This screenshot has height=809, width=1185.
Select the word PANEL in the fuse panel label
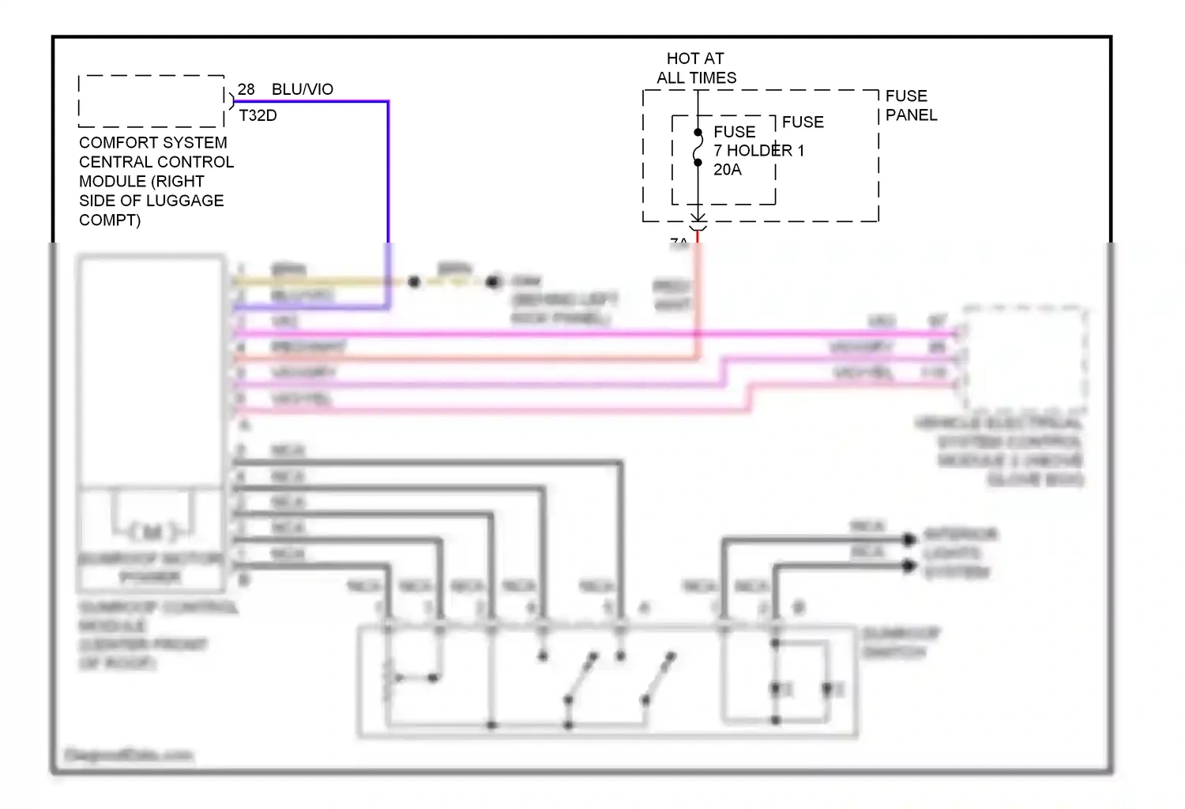point(911,115)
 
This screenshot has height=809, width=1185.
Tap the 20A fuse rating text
point(727,170)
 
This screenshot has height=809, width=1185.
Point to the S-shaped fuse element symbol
point(698,148)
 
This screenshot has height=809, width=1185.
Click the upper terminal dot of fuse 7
point(698,132)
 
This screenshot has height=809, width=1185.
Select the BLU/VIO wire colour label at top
point(302,89)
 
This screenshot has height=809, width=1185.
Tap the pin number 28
point(246,89)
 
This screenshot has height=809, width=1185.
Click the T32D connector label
point(258,115)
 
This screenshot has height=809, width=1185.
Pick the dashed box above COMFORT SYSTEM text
point(151,101)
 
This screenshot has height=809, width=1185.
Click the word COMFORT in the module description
point(113,143)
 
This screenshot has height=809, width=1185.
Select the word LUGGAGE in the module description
point(190,201)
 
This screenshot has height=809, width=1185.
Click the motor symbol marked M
point(153,532)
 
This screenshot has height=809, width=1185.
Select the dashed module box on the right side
point(1023,358)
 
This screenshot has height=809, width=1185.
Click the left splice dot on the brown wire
point(414,281)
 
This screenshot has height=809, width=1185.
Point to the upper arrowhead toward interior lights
point(909,540)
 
